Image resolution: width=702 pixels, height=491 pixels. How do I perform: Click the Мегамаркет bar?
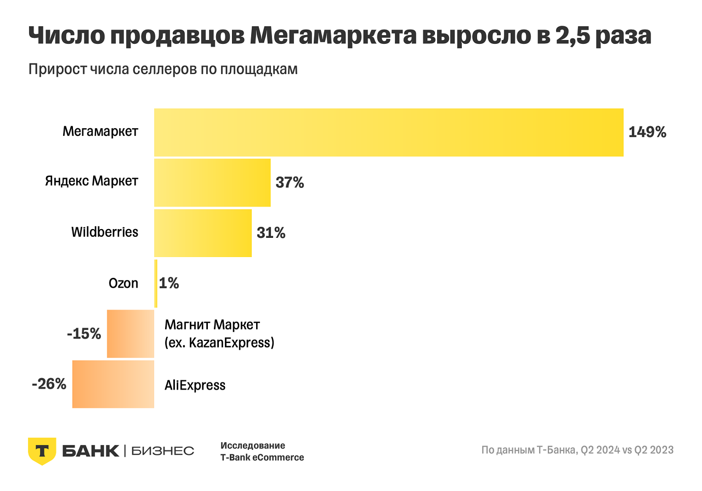click(x=388, y=133)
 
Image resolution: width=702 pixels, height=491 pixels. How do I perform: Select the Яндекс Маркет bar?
click(x=212, y=183)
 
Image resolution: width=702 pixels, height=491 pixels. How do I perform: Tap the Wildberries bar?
click(x=202, y=233)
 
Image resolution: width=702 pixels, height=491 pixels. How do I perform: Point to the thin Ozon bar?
click(x=156, y=283)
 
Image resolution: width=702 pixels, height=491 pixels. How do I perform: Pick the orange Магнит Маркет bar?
click(x=131, y=334)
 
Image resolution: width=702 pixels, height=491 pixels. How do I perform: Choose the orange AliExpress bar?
click(x=113, y=384)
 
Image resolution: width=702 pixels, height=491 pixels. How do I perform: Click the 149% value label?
click(x=647, y=132)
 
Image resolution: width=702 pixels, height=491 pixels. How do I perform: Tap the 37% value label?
click(x=290, y=182)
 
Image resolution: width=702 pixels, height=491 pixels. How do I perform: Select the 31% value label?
click(x=271, y=233)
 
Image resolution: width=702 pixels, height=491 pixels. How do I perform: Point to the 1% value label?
click(x=169, y=283)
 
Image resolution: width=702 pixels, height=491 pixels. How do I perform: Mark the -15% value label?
click(x=84, y=334)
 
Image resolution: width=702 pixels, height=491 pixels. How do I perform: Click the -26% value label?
click(x=49, y=384)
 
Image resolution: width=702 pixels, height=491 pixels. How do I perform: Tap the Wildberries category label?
click(x=105, y=232)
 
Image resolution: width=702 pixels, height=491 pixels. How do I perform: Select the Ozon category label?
click(x=123, y=283)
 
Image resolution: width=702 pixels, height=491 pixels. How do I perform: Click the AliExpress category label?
click(x=195, y=385)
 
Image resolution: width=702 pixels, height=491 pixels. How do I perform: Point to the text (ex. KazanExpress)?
click(x=219, y=344)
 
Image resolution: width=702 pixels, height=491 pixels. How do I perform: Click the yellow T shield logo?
click(x=42, y=451)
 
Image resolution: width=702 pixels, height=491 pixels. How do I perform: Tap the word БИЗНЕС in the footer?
click(x=163, y=451)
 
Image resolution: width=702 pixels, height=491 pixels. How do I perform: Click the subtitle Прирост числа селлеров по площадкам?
click(x=162, y=70)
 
